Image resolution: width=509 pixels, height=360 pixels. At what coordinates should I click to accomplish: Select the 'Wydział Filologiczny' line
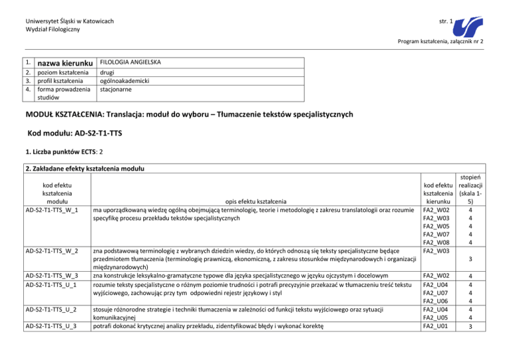44,30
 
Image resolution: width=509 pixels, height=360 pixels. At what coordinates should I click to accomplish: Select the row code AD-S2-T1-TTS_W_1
52,210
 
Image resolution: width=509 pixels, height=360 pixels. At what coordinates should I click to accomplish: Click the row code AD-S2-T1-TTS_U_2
51,309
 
